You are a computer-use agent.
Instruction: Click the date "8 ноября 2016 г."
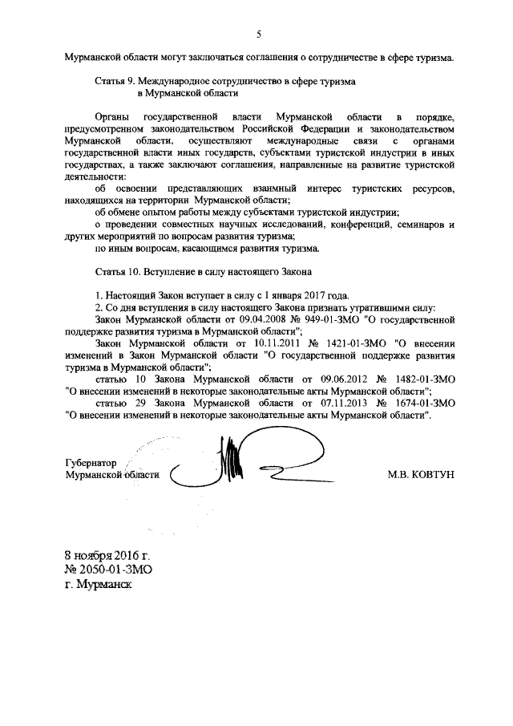[x=107, y=554]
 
